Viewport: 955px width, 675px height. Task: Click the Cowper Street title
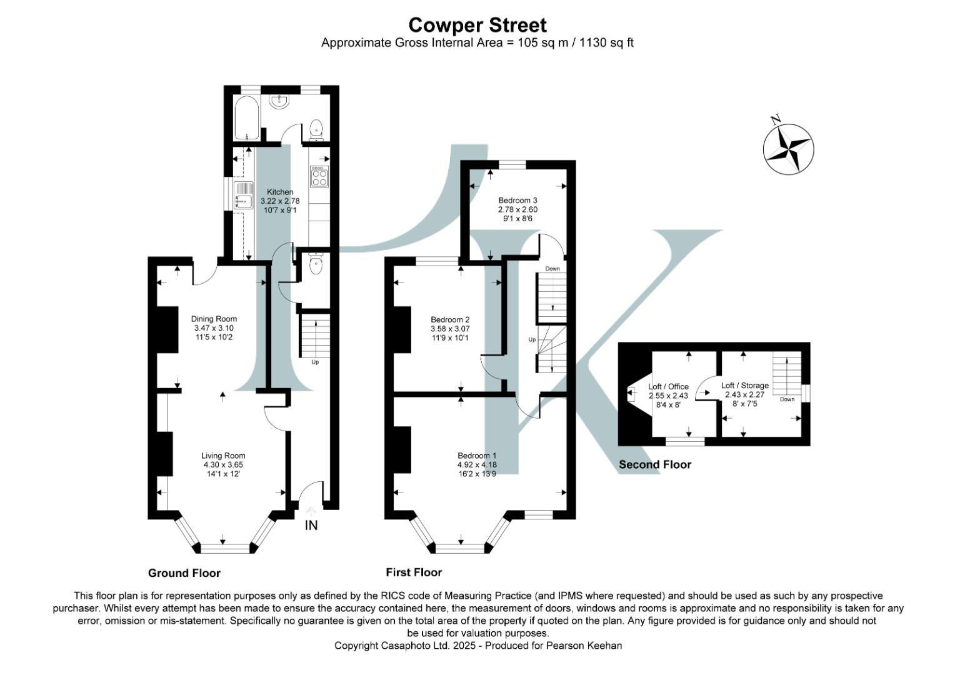(x=477, y=25)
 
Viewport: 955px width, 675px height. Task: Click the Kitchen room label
(x=280, y=192)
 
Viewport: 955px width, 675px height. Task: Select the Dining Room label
(x=214, y=319)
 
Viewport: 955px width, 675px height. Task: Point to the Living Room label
(x=223, y=456)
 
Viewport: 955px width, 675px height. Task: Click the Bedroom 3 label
(x=517, y=201)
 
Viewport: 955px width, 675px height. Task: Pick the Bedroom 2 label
(x=450, y=319)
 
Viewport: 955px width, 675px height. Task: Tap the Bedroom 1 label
(x=477, y=456)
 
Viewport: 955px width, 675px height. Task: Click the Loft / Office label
(x=668, y=387)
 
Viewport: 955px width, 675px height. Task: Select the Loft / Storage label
(x=744, y=386)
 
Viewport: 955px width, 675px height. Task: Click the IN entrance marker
(x=311, y=526)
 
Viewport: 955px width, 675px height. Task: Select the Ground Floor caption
(x=184, y=573)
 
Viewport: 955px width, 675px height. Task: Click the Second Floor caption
(x=654, y=464)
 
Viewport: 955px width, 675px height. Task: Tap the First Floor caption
(x=414, y=572)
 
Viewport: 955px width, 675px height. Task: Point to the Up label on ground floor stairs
(x=315, y=362)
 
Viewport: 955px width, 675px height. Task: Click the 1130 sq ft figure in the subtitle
(x=606, y=42)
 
